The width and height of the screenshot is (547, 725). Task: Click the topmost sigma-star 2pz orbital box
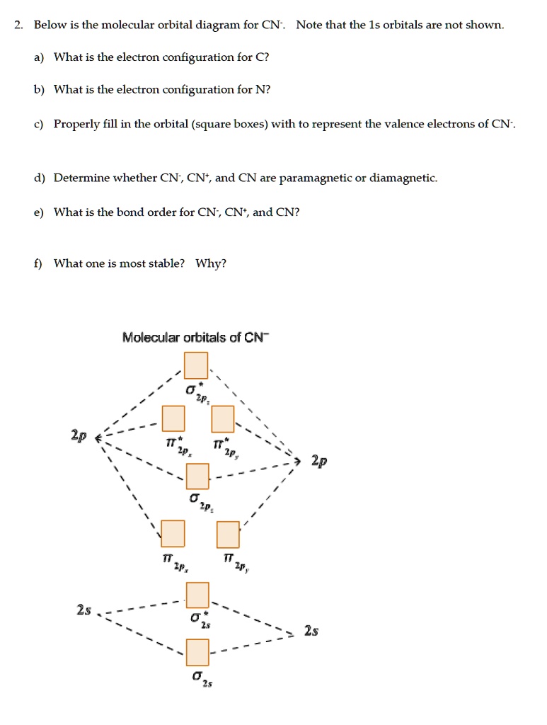click(196, 365)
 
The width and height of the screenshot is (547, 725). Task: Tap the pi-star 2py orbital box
click(223, 419)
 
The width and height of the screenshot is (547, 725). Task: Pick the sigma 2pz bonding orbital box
click(197, 476)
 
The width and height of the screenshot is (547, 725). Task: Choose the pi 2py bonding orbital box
click(228, 534)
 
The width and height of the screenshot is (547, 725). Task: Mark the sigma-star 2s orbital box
click(197, 594)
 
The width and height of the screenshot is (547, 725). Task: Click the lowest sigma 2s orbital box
click(197, 649)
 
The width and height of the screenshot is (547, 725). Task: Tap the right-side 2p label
click(320, 462)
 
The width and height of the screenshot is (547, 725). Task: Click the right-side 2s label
click(310, 630)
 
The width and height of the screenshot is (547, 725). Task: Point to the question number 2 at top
click(18, 25)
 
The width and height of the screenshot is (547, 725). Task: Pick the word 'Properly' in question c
click(75, 124)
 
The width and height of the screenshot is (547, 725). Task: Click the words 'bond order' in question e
click(155, 212)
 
